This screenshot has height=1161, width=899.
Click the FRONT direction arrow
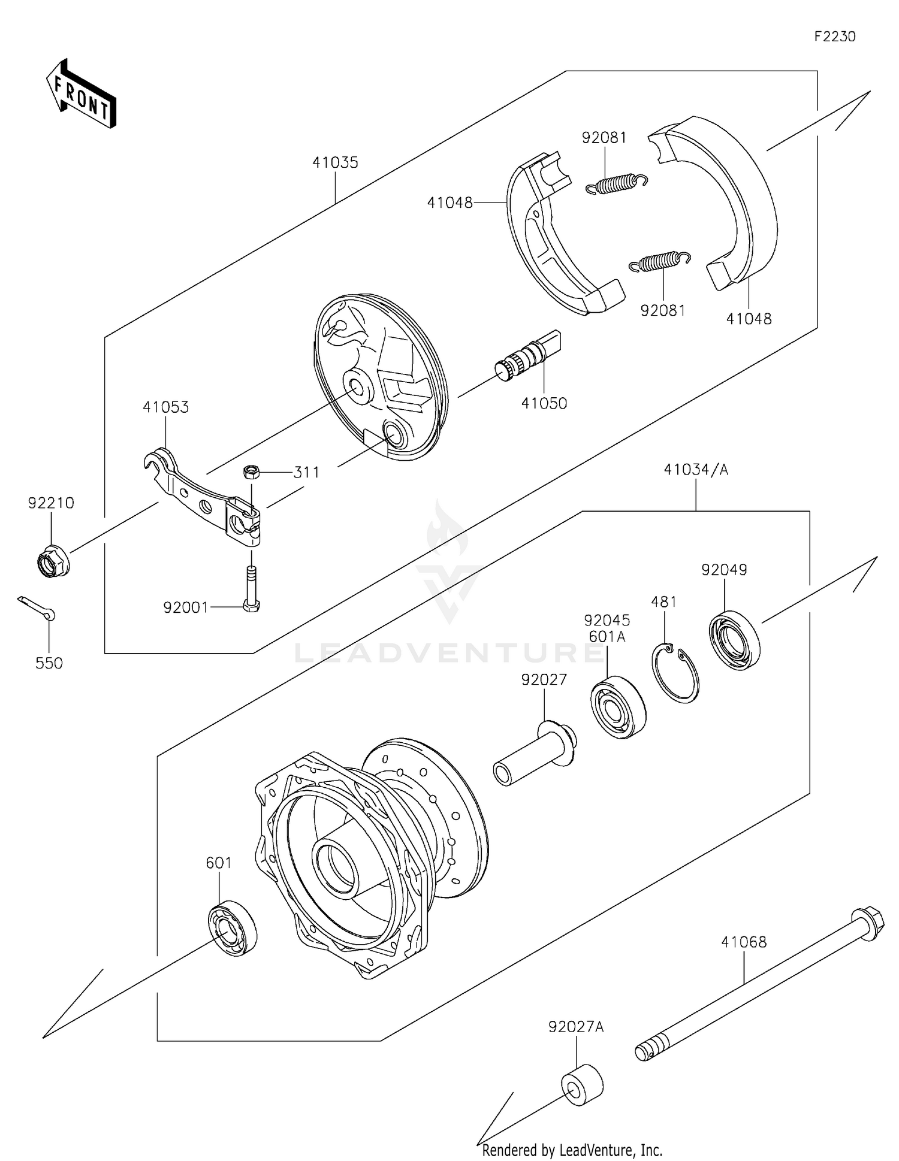click(81, 95)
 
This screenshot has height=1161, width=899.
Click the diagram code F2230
click(834, 37)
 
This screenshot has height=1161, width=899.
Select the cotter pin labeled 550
click(37, 608)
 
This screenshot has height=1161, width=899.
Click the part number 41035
click(335, 162)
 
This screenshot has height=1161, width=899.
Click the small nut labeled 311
click(251, 472)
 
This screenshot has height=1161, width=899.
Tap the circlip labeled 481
click(675, 673)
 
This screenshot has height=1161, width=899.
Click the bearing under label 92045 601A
click(619, 708)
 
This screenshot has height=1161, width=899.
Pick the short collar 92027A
click(582, 1085)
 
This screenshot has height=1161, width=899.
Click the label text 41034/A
click(695, 470)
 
